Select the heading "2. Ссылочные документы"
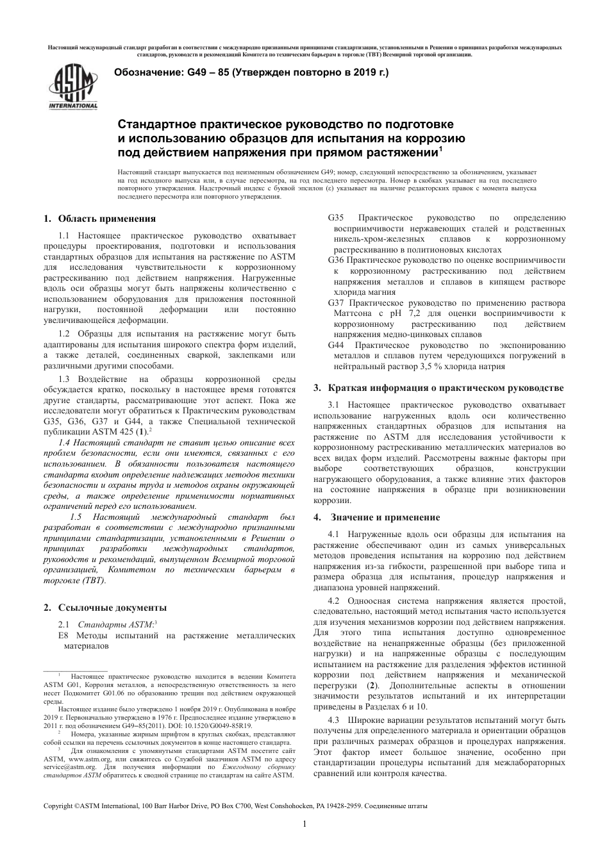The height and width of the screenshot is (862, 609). click(104, 607)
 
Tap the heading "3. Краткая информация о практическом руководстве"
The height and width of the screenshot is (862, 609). click(439, 388)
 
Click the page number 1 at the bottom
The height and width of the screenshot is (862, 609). click(304, 824)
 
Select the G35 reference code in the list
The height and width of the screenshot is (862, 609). click(336, 219)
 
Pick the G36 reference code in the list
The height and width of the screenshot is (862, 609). click(336, 260)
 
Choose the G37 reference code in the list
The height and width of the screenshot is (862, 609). click(336, 303)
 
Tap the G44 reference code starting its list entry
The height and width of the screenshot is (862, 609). click(336, 345)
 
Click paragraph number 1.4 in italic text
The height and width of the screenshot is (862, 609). click(65, 442)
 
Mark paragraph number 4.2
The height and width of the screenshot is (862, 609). click(333, 601)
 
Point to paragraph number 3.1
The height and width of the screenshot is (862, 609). click(333, 404)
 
